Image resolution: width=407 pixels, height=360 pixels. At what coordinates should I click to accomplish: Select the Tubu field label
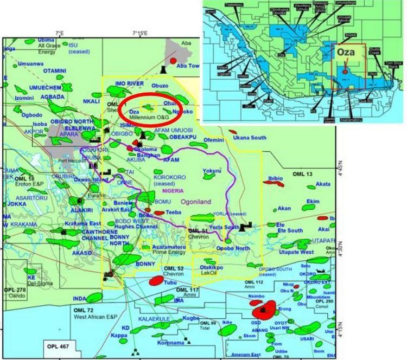[170, 283]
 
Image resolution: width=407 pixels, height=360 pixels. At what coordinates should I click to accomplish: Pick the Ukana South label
[249, 138]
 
